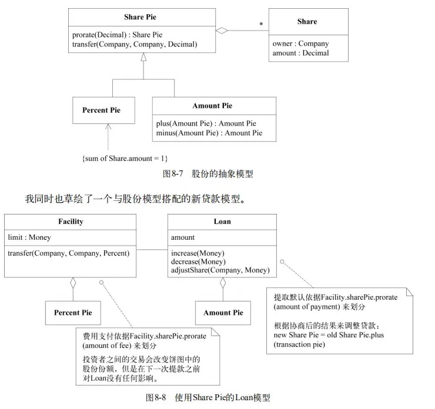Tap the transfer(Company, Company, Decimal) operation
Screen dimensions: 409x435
(135, 44)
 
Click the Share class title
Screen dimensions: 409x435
(307, 22)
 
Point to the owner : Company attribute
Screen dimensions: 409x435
(300, 43)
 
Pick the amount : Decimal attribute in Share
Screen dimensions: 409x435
(300, 53)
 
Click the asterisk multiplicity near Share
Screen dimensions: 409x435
(261, 25)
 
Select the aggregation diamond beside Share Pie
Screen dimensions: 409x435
(221, 31)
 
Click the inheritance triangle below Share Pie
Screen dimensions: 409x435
(142, 58)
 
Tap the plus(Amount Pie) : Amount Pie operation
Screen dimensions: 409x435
(206, 123)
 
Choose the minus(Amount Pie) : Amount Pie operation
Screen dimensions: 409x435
(209, 133)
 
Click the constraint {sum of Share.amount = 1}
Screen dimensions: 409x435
(125, 158)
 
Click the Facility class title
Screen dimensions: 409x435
(71, 222)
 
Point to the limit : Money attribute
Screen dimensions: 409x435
(29, 237)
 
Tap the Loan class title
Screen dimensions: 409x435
(222, 222)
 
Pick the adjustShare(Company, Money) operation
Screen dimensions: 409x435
(220, 270)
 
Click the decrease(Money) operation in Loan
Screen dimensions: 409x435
(198, 262)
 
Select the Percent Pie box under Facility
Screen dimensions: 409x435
(73, 313)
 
